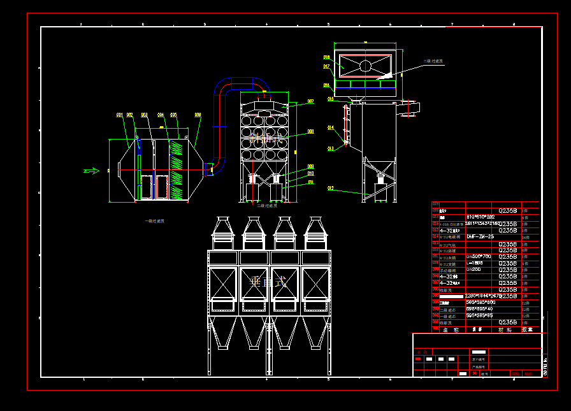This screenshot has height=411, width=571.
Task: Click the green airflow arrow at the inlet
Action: click(x=92, y=170)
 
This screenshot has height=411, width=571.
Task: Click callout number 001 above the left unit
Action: click(x=119, y=115)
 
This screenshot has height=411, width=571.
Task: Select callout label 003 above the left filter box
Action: click(x=145, y=115)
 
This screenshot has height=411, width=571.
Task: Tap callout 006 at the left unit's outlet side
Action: click(x=198, y=115)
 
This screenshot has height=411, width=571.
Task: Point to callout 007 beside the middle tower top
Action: click(x=310, y=101)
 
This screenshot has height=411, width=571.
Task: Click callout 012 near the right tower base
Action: click(x=331, y=188)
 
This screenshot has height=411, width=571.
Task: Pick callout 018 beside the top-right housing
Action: click(x=326, y=57)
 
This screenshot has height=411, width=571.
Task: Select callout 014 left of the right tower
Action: click(x=331, y=127)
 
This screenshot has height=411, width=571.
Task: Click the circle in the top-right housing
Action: click(x=365, y=65)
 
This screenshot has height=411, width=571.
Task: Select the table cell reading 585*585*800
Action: click(x=481, y=302)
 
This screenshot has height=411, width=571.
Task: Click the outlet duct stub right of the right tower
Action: click(x=408, y=108)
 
